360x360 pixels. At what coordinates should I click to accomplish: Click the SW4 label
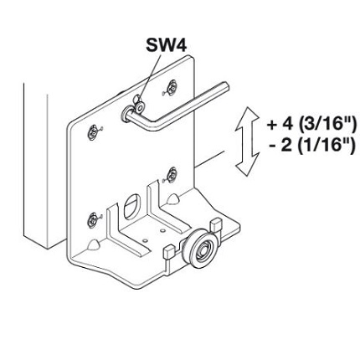pyautogui.click(x=167, y=45)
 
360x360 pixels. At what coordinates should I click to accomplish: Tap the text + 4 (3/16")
pyautogui.click(x=311, y=125)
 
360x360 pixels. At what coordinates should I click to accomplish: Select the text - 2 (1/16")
pyautogui.click(x=312, y=146)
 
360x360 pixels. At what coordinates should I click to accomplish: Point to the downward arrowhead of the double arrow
pyautogui.click(x=248, y=165)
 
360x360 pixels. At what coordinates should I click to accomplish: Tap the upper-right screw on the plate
pyautogui.click(x=171, y=87)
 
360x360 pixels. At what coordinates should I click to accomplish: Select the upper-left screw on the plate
pyautogui.click(x=92, y=132)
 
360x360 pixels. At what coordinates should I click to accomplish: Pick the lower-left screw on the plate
pyautogui.click(x=92, y=220)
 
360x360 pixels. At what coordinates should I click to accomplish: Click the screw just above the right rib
pyautogui.click(x=172, y=175)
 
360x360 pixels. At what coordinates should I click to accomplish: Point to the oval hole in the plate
pyautogui.click(x=132, y=206)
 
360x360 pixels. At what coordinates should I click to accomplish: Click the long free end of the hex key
pyautogui.click(x=225, y=86)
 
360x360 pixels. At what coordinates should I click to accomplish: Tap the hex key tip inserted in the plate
pyautogui.click(x=126, y=114)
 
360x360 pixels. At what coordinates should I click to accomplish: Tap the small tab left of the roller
pyautogui.click(x=168, y=250)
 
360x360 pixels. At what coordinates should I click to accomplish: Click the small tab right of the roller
pyautogui.click(x=217, y=224)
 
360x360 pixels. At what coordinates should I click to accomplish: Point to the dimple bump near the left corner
pyautogui.click(x=94, y=244)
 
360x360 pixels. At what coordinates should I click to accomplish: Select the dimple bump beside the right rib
pyautogui.click(x=173, y=198)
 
